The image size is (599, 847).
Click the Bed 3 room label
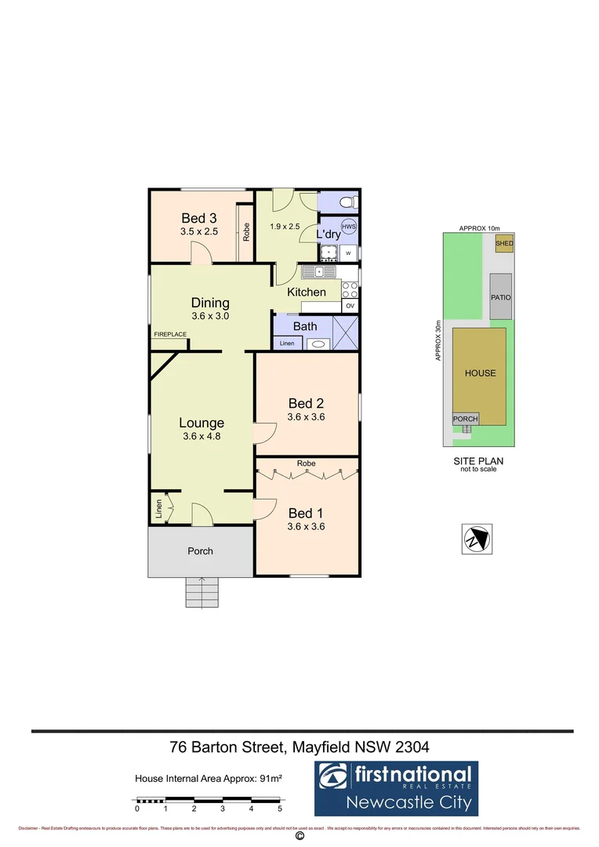[198, 218]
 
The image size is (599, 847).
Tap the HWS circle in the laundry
[349, 227]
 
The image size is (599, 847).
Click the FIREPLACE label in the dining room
[170, 335]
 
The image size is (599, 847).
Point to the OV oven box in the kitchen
[350, 305]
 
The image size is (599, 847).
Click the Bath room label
[304, 326]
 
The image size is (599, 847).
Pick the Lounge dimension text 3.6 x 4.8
[201, 437]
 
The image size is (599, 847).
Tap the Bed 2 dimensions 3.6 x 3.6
[306, 417]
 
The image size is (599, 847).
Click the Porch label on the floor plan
[200, 551]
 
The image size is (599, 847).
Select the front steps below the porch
[201, 591]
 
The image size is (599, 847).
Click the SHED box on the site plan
[504, 244]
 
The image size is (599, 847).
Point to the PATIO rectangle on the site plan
[501, 297]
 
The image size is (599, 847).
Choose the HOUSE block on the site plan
[480, 373]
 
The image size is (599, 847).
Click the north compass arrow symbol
[477, 538]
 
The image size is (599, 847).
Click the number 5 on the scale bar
[280, 809]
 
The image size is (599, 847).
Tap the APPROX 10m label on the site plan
[479, 228]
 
